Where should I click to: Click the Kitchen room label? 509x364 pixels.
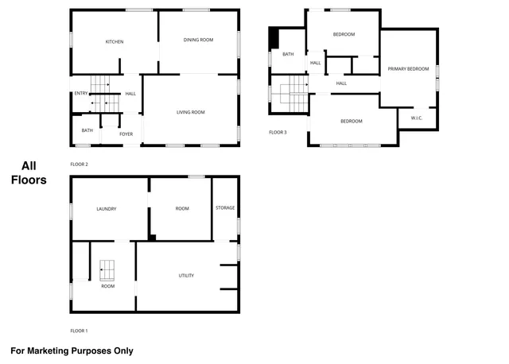click(115, 42)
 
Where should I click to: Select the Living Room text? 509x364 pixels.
click(191, 112)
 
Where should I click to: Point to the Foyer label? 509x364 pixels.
click(126, 134)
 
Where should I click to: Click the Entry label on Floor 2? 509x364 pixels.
click(80, 94)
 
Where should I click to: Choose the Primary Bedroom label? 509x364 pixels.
click(408, 69)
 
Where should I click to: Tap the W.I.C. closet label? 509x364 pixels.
click(417, 118)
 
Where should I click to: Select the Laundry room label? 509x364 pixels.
click(107, 209)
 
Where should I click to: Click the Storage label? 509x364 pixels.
click(225, 207)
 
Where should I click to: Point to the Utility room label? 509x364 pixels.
click(186, 276)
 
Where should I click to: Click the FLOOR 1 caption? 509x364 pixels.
click(79, 330)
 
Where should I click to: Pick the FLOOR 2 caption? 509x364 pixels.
click(79, 164)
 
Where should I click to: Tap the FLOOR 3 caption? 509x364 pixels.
click(277, 132)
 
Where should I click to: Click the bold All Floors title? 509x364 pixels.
click(29, 173)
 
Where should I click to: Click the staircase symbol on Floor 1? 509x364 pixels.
click(107, 270)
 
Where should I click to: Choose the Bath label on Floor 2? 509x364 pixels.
click(87, 130)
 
